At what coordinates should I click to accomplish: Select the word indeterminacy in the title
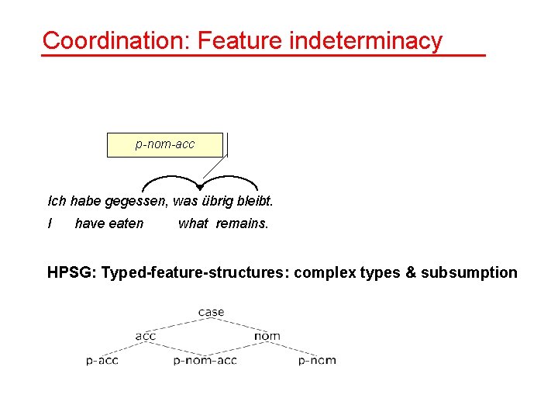(365, 40)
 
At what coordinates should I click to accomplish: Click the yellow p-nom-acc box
(164, 145)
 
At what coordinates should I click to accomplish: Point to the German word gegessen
(139, 202)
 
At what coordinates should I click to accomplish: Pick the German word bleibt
(257, 202)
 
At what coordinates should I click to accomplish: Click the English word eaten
(126, 223)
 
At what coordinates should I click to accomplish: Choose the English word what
(193, 223)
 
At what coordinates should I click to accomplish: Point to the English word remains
(242, 223)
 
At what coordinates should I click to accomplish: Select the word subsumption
(469, 272)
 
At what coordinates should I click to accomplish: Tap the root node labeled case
(211, 313)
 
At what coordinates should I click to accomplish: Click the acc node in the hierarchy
(146, 336)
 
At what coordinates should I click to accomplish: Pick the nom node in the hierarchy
(267, 336)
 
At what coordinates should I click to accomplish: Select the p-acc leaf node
(102, 361)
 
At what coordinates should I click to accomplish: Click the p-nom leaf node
(317, 361)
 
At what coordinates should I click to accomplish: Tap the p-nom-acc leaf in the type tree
(205, 361)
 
